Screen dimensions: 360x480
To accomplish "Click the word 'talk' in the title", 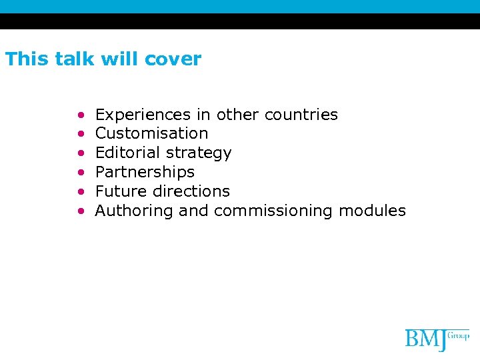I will (67, 59).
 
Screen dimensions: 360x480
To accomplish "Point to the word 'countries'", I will (301, 115).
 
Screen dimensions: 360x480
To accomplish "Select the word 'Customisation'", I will (151, 133).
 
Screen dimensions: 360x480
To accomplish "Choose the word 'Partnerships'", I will (145, 172).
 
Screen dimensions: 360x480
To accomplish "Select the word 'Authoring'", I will (135, 211).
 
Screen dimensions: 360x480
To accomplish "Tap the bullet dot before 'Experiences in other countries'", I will (81, 115).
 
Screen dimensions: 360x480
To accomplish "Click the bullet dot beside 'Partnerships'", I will (81, 173).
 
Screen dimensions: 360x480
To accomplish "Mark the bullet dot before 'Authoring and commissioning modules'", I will (81, 211).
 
